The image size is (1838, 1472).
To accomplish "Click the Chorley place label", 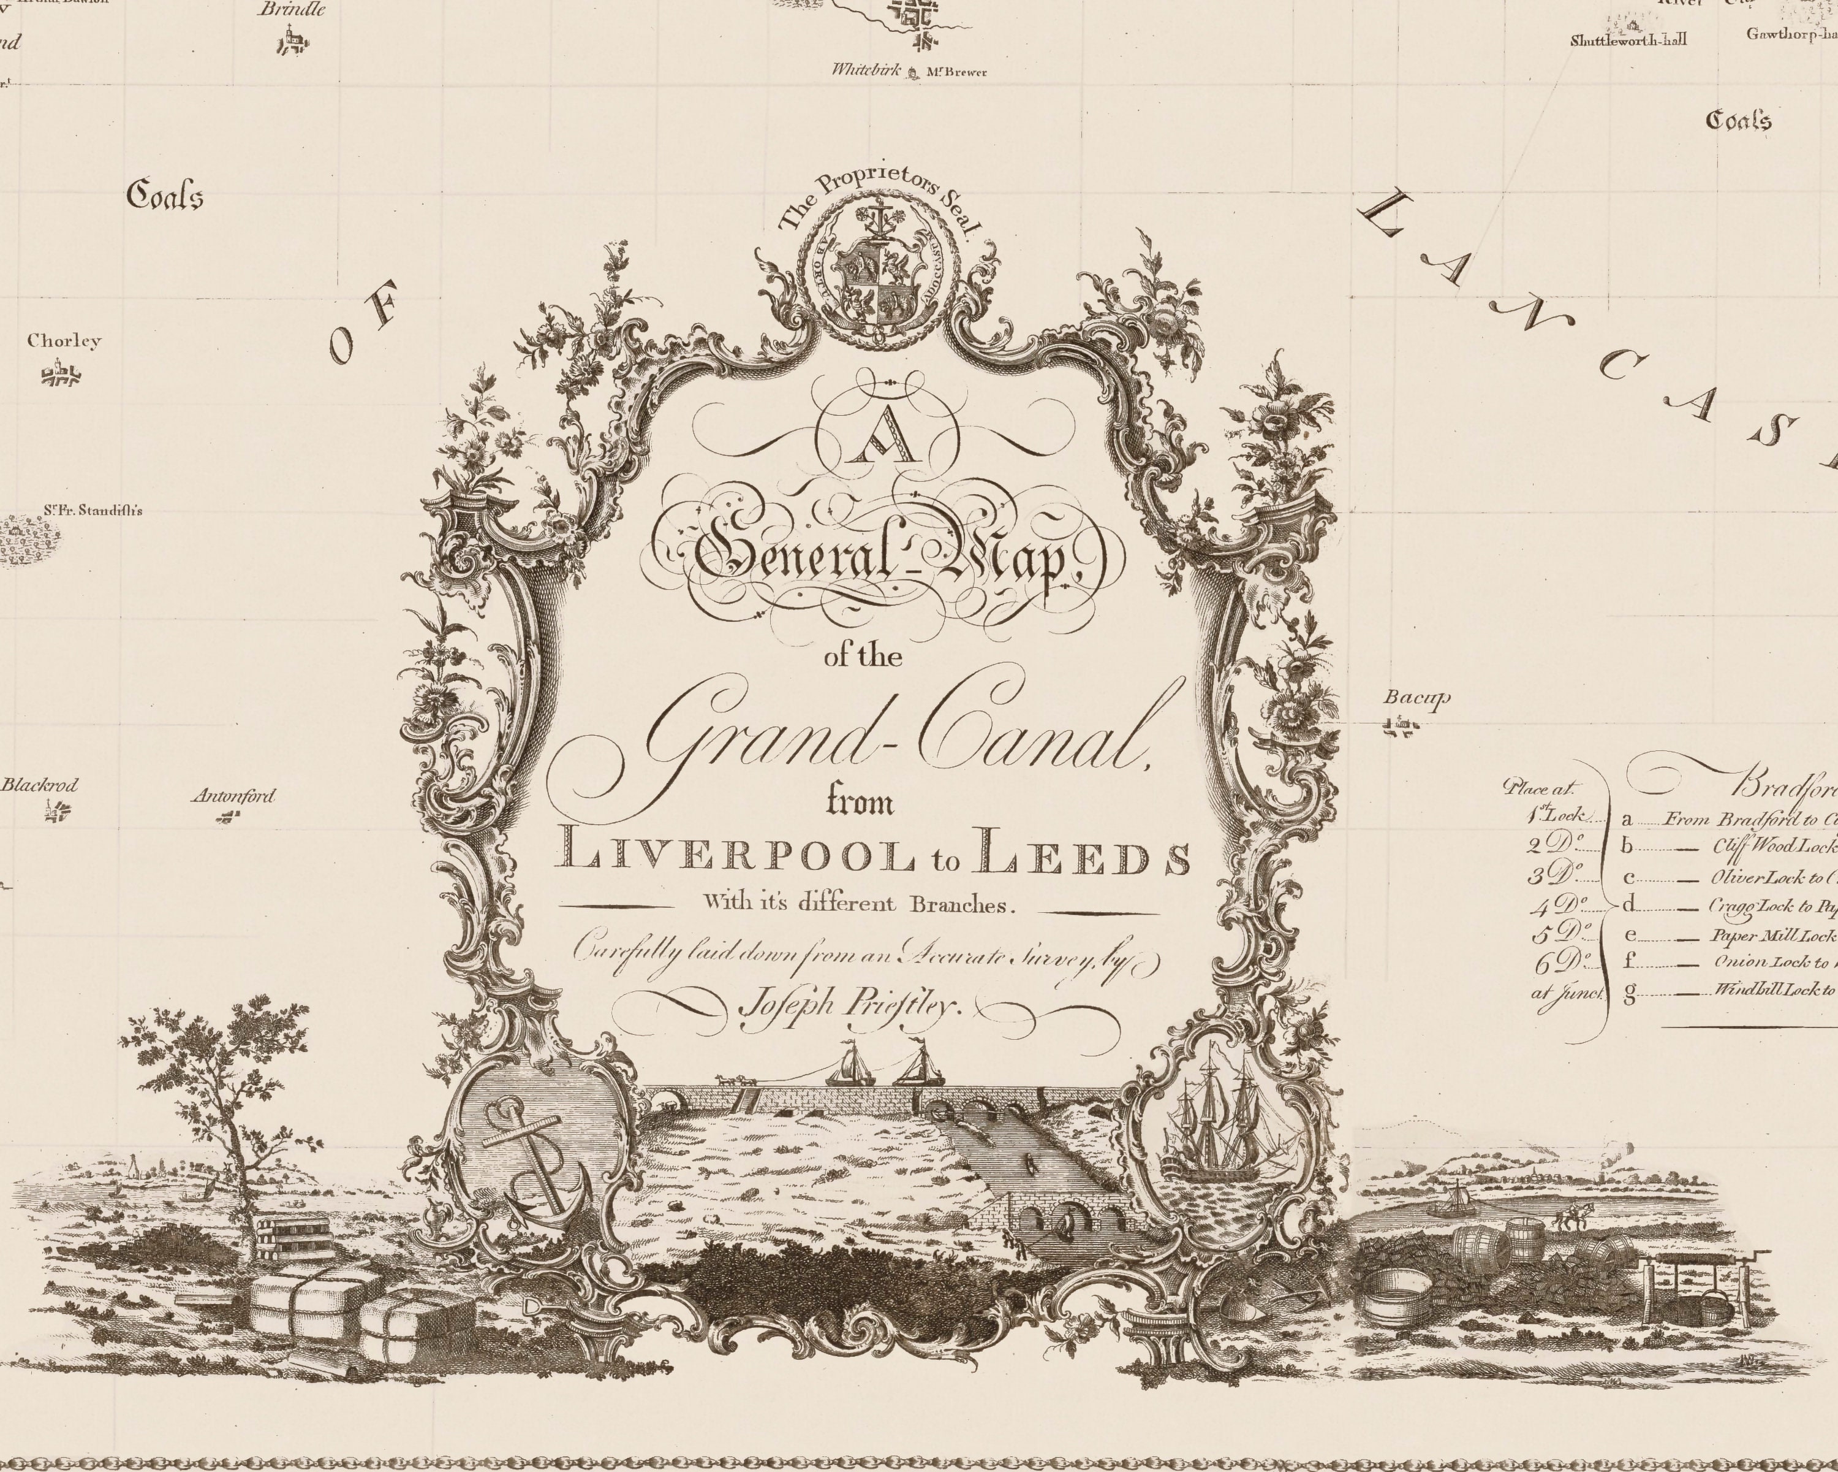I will tap(64, 341).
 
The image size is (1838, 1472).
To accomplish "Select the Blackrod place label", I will tap(39, 785).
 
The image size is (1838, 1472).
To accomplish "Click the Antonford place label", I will tap(233, 796).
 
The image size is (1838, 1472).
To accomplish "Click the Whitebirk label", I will tap(866, 71).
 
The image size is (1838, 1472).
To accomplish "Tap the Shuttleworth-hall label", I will tap(1628, 40).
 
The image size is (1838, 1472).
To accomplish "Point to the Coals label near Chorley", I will tap(165, 196).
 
